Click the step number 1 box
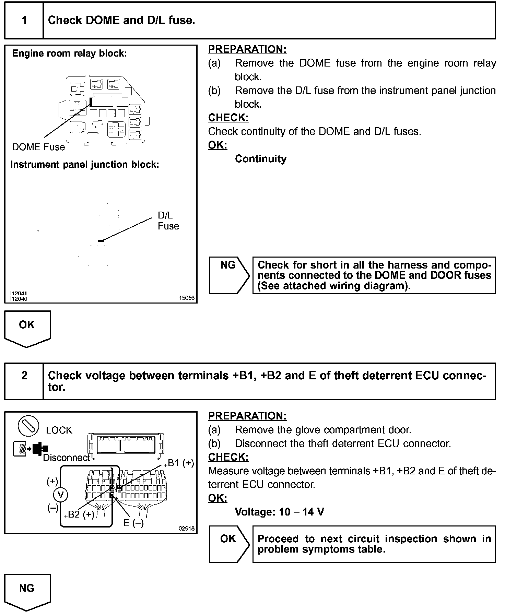tap(24, 20)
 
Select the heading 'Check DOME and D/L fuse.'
tap(121, 20)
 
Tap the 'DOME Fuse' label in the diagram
tap(38, 147)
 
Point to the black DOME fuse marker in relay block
tap(91, 102)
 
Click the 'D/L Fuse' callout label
tap(168, 221)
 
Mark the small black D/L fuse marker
tap(101, 241)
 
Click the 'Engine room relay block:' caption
tap(69, 54)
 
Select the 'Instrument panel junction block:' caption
tap(85, 165)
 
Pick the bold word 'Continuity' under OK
tap(260, 159)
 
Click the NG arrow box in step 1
tap(229, 275)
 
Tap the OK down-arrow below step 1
tap(27, 328)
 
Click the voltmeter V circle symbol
tap(61, 495)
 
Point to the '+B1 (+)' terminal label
tap(179, 463)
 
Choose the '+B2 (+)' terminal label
tap(79, 514)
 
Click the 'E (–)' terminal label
tap(133, 523)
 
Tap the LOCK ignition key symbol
tap(28, 425)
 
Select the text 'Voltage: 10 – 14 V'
tap(279, 512)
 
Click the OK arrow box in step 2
tap(229, 544)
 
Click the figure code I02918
tap(186, 529)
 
